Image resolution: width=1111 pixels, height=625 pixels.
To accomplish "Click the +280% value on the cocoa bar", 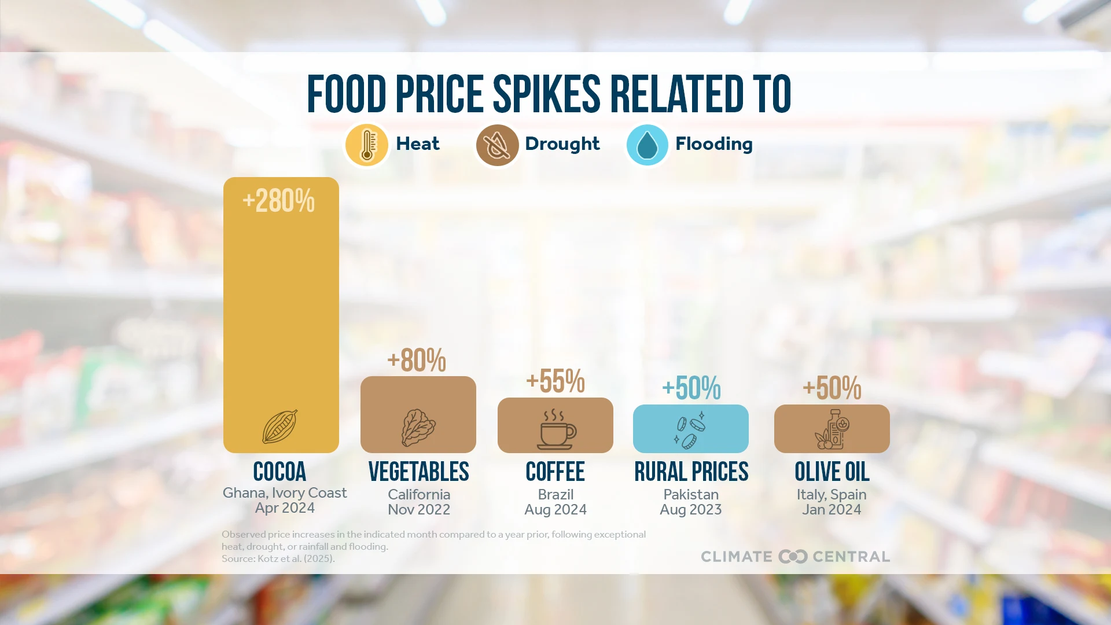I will (x=278, y=201).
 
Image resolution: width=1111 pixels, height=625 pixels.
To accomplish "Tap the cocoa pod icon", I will (x=280, y=427).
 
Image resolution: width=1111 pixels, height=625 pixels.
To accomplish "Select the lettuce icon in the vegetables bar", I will (x=418, y=428).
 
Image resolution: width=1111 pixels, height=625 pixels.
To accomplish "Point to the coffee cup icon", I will (x=555, y=429).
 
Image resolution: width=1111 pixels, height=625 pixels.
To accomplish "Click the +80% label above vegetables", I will (x=417, y=361).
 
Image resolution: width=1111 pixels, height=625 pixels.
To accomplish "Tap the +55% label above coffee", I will (x=555, y=381).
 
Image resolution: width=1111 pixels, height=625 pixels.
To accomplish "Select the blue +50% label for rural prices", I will (x=691, y=388).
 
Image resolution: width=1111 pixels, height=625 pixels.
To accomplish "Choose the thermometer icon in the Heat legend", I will (x=366, y=145).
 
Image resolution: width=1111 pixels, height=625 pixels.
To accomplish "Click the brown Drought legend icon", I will (x=497, y=145).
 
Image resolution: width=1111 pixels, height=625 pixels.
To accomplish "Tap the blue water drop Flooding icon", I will (x=647, y=145).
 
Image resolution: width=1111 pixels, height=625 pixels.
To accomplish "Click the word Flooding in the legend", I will (x=714, y=144).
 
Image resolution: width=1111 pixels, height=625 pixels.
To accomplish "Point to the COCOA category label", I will (x=279, y=472).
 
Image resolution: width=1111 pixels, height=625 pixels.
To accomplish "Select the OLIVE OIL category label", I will (x=832, y=472).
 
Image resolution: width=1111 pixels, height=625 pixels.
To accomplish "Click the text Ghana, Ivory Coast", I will (x=285, y=492).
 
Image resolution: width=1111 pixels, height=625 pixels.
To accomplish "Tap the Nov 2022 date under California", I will (x=419, y=509).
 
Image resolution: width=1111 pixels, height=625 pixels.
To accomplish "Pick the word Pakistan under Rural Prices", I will (x=691, y=494).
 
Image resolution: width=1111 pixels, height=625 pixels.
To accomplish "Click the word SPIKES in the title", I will (x=547, y=94).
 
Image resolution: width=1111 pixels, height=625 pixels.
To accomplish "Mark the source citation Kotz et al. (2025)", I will (x=278, y=558).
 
